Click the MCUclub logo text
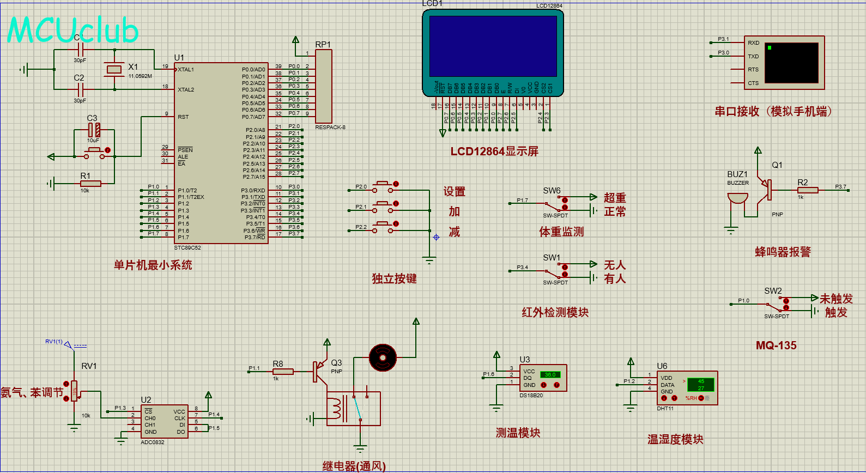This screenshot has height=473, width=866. click(72, 30)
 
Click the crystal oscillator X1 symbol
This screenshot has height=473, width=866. click(114, 69)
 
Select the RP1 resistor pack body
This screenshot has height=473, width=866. click(323, 87)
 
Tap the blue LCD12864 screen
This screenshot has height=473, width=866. click(493, 46)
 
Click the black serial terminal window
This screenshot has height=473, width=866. click(791, 63)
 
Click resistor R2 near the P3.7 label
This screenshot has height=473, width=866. click(808, 190)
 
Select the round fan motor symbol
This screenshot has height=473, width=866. click(383, 357)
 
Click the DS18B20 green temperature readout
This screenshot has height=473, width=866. click(550, 375)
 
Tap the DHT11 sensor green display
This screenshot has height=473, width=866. click(700, 385)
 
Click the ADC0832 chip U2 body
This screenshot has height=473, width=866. click(164, 421)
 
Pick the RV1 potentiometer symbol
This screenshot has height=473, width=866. click(74, 391)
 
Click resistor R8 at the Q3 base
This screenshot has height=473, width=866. click(283, 372)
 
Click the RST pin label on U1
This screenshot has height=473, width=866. click(183, 117)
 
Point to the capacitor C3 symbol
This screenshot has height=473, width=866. click(94, 130)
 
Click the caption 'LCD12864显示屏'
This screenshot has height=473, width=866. click(494, 151)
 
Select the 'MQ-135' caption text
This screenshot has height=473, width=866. click(776, 345)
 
